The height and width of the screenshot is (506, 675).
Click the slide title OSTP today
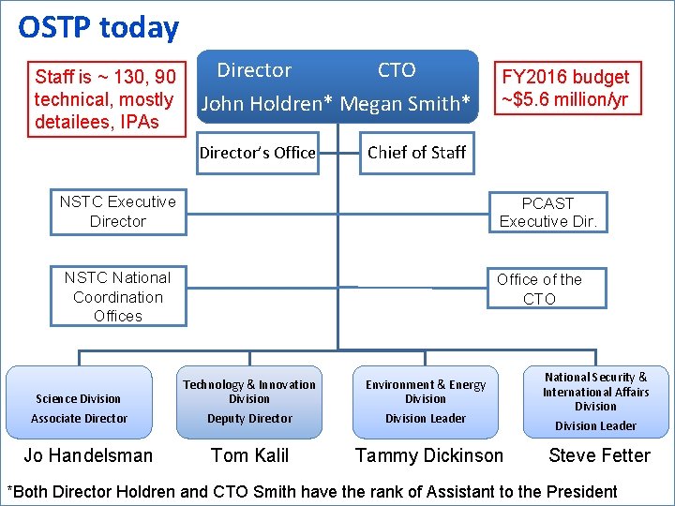click(x=98, y=28)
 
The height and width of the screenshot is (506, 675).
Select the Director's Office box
click(x=257, y=153)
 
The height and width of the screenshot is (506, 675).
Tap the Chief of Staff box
click(x=416, y=153)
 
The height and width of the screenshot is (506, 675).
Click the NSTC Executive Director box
click(x=117, y=212)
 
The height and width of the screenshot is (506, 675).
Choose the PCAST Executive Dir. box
click(x=547, y=213)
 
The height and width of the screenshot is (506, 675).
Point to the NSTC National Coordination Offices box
click(x=117, y=297)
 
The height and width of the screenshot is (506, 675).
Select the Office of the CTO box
click(x=539, y=290)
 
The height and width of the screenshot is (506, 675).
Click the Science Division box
click(x=79, y=402)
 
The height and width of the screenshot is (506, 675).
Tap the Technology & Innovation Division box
click(x=249, y=402)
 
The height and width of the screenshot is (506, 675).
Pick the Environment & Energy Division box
click(x=426, y=402)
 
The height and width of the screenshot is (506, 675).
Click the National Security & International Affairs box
click(x=595, y=401)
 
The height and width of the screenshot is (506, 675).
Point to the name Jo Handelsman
click(x=88, y=456)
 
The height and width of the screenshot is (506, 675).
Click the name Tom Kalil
click(x=249, y=456)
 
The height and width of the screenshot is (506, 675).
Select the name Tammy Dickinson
click(x=428, y=456)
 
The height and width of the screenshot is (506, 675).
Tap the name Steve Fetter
click(x=599, y=456)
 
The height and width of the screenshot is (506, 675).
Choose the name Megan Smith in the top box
click(x=403, y=104)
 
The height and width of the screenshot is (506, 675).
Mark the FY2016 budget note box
click(x=565, y=88)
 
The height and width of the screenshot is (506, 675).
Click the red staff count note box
click(x=104, y=99)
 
